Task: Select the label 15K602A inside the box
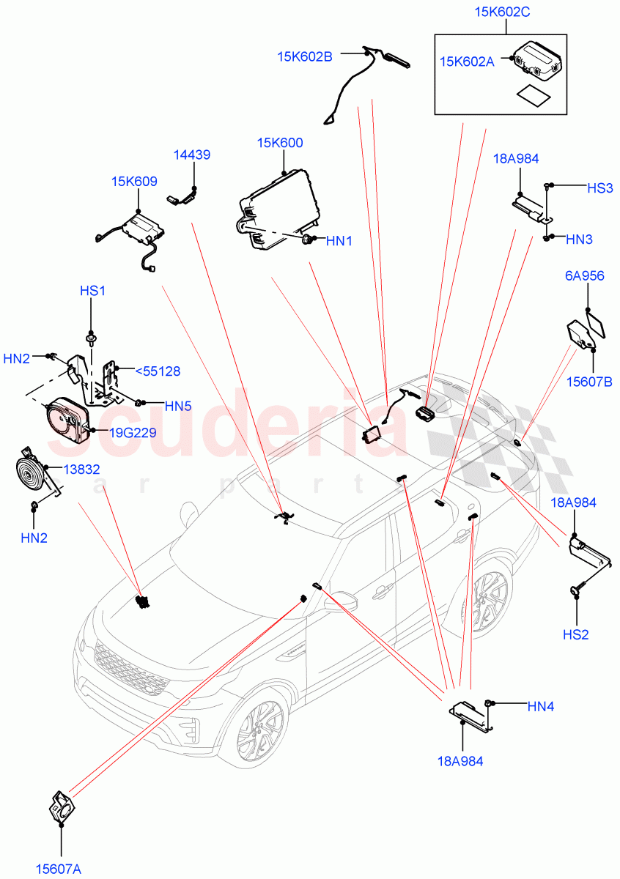coord(466,62)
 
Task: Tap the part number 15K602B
coord(305,56)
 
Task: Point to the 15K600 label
coord(279,143)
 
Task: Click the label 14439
coord(192,155)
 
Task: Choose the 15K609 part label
coord(134,182)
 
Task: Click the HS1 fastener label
coord(93,291)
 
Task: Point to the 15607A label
coord(59,869)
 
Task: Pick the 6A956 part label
coord(584,276)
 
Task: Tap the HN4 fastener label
coord(541,706)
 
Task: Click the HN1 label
coord(339,240)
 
